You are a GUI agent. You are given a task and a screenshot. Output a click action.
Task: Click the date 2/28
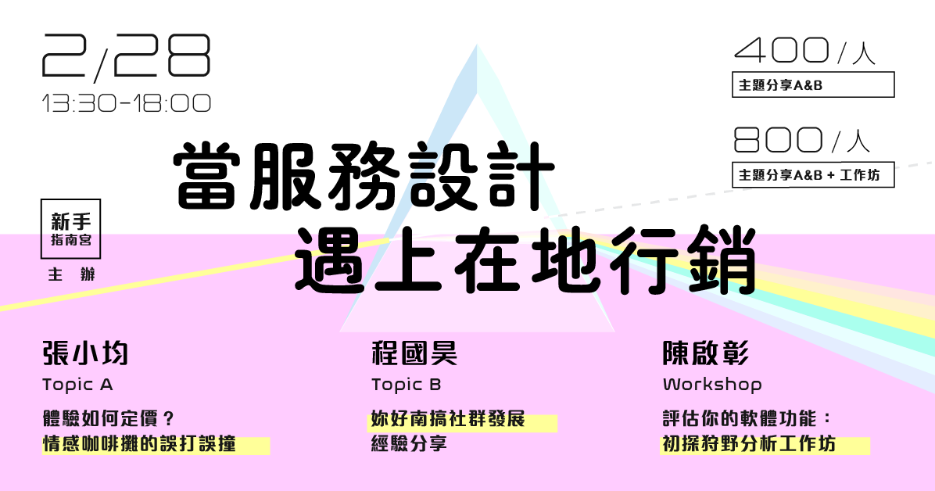[127, 56]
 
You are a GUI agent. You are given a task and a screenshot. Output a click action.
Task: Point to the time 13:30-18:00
[127, 103]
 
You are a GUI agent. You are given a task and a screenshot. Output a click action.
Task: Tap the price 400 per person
[805, 51]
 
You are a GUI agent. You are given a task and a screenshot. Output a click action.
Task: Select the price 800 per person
[802, 140]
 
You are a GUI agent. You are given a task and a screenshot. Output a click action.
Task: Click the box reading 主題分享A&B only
[813, 84]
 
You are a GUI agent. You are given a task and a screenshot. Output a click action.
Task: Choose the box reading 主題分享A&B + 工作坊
[813, 174]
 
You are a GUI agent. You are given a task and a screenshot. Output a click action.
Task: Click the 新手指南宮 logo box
[70, 229]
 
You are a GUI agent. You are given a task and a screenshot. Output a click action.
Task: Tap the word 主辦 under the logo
[72, 274]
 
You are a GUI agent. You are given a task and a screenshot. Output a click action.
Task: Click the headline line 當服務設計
[364, 177]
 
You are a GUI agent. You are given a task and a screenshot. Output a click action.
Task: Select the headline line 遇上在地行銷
[525, 260]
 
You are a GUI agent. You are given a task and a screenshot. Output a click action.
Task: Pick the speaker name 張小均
[85, 353]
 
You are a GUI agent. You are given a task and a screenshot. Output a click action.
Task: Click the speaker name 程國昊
[414, 353]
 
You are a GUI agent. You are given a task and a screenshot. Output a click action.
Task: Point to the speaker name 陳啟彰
[706, 353]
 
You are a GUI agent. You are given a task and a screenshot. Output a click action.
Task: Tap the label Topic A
[77, 385]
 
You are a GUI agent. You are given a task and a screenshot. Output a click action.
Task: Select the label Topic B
[406, 385]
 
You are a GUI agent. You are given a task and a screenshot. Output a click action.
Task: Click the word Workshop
[712, 385]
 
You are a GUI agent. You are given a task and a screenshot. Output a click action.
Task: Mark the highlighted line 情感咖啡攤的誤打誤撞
[139, 444]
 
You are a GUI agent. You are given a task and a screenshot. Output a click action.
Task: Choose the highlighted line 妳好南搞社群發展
[448, 419]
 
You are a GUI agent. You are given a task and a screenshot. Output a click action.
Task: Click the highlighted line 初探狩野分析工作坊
[749, 444]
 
